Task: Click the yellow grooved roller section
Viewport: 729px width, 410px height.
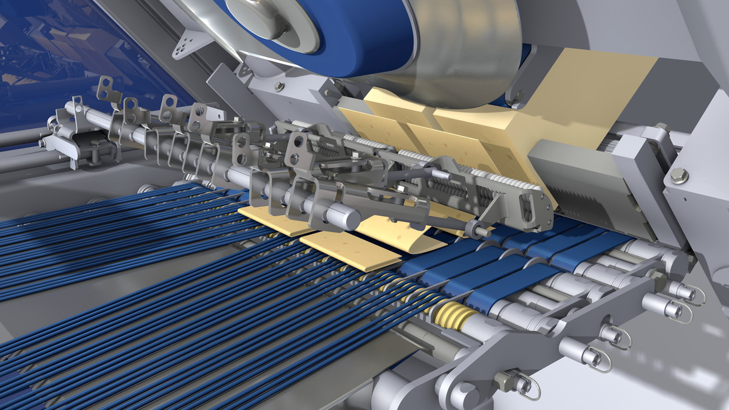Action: point(453,315)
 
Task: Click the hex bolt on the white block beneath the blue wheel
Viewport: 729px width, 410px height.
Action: point(279,86)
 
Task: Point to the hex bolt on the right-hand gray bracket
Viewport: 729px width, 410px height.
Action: point(679,176)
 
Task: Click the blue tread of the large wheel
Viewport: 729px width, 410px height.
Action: point(364,36)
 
